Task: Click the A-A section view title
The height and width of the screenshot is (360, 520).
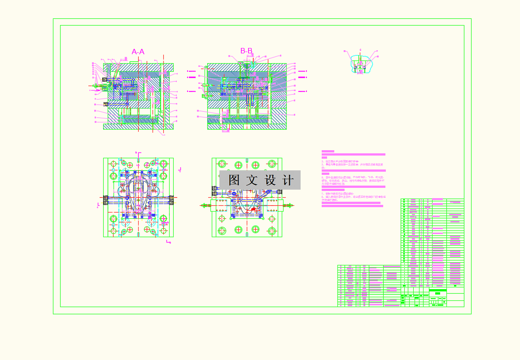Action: click(x=138, y=52)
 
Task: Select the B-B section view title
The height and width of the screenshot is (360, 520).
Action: click(x=246, y=51)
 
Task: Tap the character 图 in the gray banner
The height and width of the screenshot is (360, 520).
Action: click(x=234, y=180)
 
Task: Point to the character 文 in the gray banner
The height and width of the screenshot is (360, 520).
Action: click(x=252, y=180)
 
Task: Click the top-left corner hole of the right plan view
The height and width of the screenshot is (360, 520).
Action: click(x=221, y=164)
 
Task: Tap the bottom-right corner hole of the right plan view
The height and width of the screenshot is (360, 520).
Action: click(x=272, y=230)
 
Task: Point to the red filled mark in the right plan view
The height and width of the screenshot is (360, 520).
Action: click(x=254, y=208)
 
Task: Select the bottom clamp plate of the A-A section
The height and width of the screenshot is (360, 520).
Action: click(x=138, y=126)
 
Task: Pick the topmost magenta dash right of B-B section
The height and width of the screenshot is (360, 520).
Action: click(x=302, y=71)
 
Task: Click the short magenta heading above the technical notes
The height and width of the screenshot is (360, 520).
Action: click(x=328, y=152)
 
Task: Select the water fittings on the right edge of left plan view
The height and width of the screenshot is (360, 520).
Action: click(x=171, y=200)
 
